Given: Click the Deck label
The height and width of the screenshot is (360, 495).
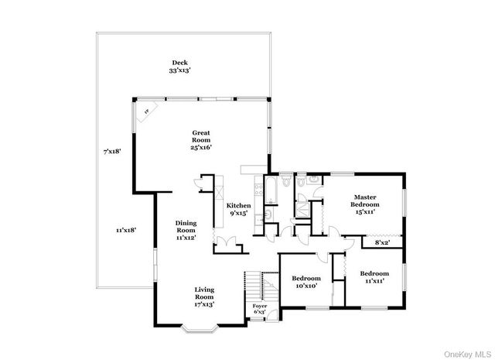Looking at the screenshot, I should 179,63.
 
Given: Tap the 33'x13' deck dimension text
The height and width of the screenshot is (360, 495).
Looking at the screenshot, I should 179,70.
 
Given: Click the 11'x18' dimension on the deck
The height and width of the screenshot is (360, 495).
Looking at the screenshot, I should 126,230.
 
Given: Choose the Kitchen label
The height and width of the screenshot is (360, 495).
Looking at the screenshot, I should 237,205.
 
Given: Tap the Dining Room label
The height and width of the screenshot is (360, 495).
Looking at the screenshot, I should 185,226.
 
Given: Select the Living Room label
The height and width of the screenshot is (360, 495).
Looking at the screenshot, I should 203,293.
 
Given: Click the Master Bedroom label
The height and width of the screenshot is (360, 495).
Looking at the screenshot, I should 365,201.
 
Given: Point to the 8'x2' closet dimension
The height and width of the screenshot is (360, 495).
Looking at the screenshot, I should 382,242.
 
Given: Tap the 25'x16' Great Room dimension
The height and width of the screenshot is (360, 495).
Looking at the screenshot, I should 201,147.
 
